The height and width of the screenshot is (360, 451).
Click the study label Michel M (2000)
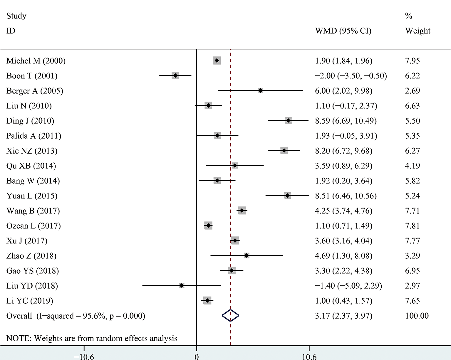tap(36, 61)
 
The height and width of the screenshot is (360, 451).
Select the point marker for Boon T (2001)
tap(175, 76)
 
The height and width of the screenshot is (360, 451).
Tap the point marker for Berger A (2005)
tap(261, 91)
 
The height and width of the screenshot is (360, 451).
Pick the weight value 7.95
tap(412, 61)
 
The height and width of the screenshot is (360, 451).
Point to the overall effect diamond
tap(230, 316)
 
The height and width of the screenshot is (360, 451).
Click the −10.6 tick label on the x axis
tap(84, 356)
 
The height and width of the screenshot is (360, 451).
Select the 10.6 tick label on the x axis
tap(309, 356)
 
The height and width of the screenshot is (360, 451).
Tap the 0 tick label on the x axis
tap(197, 356)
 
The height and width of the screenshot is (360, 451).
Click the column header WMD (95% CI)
tap(343, 31)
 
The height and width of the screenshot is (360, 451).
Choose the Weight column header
tap(418, 31)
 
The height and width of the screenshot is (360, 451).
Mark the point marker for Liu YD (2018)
tap(182, 286)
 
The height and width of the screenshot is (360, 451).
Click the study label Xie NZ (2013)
tap(32, 151)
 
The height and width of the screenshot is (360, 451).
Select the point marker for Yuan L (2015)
tap(287, 196)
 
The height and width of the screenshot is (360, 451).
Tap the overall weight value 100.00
tap(417, 316)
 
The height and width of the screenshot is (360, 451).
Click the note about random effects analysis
tap(92, 338)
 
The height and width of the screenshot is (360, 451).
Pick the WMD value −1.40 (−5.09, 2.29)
tap(348, 286)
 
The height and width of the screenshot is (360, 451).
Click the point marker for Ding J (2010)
tap(288, 121)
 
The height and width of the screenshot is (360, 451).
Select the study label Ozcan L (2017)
tap(33, 226)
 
